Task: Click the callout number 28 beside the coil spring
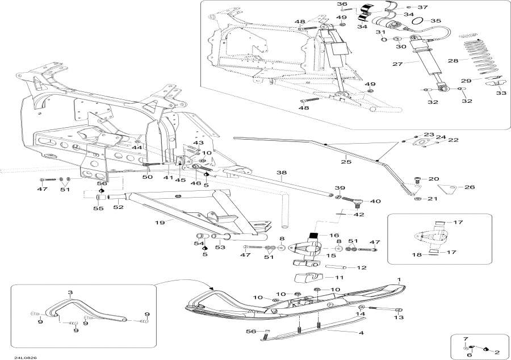[453, 60]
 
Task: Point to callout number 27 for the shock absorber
[396, 64]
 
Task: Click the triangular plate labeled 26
[451, 188]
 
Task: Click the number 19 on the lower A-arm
[161, 222]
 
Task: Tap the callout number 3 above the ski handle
[70, 292]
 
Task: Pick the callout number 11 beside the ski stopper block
[339, 278]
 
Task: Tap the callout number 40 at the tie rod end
[375, 201]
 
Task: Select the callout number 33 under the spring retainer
[501, 93]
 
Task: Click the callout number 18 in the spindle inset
[417, 255]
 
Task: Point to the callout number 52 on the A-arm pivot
[118, 208]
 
